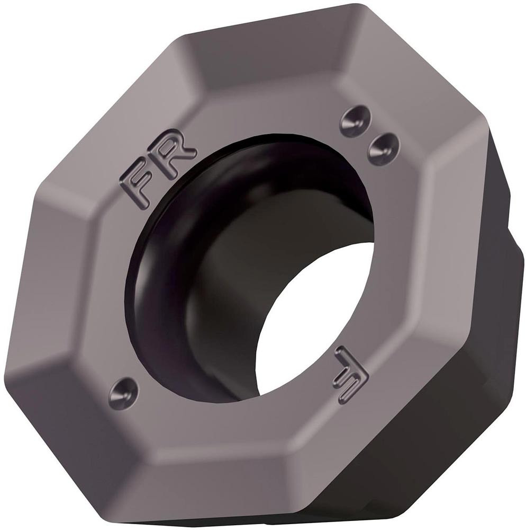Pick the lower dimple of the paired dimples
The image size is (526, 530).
pyautogui.click(x=383, y=146)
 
